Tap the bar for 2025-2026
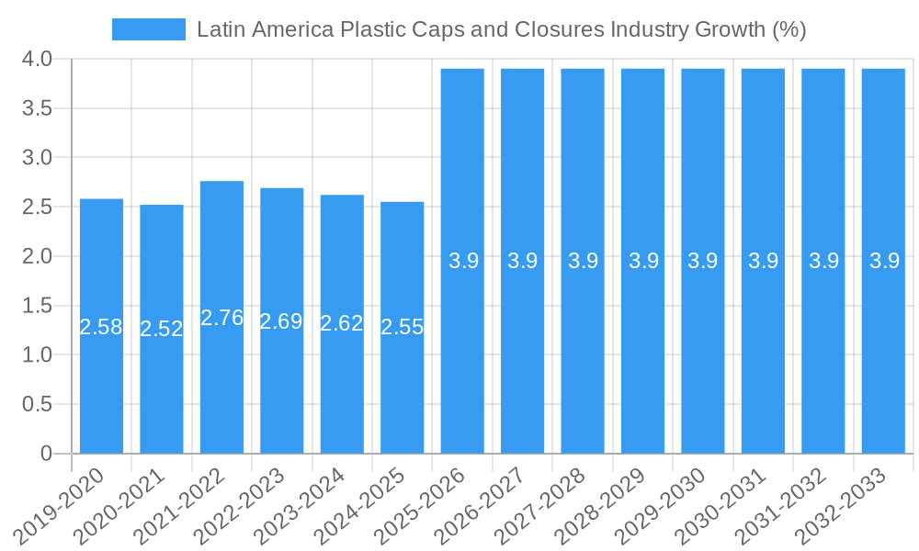(x=462, y=367)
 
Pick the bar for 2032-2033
(x=883, y=367)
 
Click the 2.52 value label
(x=162, y=329)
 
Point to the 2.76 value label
(x=221, y=318)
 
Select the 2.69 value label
(x=281, y=321)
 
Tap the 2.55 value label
(x=403, y=327)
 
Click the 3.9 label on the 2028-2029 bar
(x=643, y=261)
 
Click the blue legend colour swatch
(x=148, y=29)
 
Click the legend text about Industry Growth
(x=501, y=29)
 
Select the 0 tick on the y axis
(x=46, y=454)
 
